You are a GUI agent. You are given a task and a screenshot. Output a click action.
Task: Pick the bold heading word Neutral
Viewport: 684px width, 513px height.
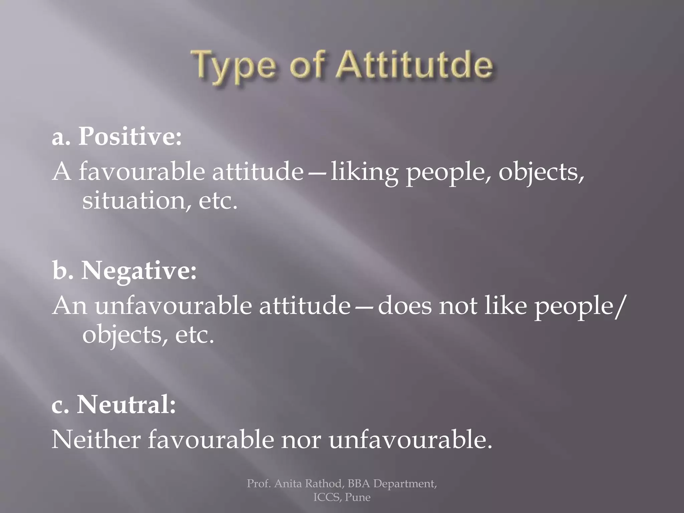(x=126, y=405)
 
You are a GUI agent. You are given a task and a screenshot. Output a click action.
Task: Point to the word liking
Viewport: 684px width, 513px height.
(x=364, y=172)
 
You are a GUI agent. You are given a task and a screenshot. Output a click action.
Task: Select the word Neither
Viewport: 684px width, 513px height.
(x=96, y=440)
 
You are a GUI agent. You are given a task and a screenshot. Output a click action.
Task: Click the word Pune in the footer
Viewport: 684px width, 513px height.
(x=358, y=497)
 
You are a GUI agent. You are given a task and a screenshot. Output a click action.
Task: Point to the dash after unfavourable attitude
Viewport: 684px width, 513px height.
(x=364, y=307)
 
